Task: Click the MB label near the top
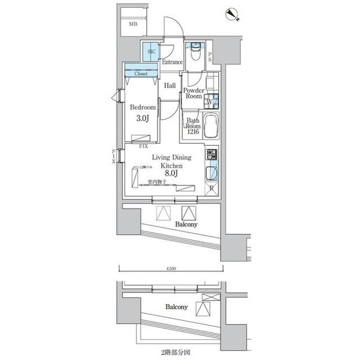tap(133, 24)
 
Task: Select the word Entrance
tap(172, 62)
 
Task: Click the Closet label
tap(141, 73)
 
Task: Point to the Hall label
tap(170, 86)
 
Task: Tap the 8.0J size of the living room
tap(171, 174)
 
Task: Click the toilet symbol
tap(195, 52)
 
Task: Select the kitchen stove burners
tap(212, 154)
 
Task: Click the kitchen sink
tap(212, 172)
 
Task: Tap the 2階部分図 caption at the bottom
tap(171, 353)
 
